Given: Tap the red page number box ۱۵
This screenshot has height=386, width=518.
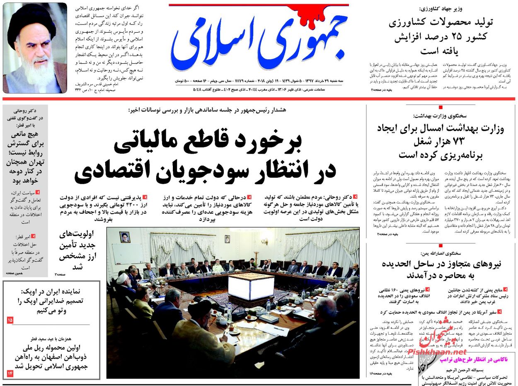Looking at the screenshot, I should coord(10,320).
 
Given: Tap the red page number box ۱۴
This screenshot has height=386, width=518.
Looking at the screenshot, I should coord(10,374).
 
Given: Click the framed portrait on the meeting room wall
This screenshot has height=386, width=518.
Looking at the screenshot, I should coord(124,237).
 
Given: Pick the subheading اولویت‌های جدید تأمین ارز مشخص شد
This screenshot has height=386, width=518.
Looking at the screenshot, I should coord(78,250).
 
